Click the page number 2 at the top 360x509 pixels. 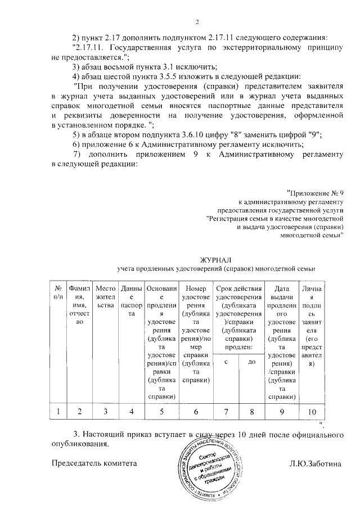tap(197, 22)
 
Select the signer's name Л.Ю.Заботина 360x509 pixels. tap(316, 463)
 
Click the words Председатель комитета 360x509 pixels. tap(94, 463)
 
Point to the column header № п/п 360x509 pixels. tap(58, 292)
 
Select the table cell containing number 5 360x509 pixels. tap(161, 412)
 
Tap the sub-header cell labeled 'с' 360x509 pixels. tap(225, 363)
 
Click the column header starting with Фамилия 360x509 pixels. tap(79, 304)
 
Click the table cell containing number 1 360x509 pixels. tap(58, 412)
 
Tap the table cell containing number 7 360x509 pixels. tap(225, 412)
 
